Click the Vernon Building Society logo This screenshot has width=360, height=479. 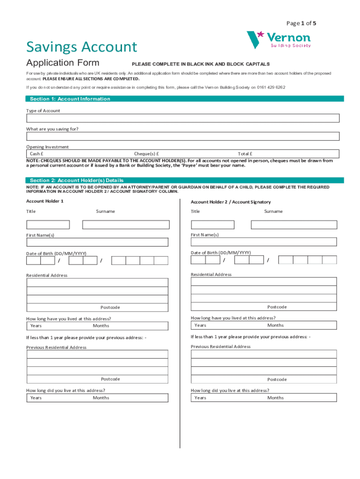pos(278,40)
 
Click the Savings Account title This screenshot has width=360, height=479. pos(82,47)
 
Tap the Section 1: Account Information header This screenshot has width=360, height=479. pos(70,99)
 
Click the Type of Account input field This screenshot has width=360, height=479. pos(183,118)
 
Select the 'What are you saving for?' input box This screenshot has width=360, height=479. pos(183,137)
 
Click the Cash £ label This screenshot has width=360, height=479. pos(37,153)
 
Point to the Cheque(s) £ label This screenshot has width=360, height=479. pos(146,153)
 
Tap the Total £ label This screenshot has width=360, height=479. pos(245,153)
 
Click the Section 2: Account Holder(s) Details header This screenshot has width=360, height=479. pos(77,180)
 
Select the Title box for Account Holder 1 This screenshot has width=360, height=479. pos(48,225)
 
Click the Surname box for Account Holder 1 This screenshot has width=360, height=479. pos(125,225)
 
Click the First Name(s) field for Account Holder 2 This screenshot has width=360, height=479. pos(264,242)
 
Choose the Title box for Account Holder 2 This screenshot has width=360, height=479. pos(213,225)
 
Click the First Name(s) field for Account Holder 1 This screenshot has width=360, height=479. pos(97,242)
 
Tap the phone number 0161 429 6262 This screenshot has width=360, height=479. pos(271,87)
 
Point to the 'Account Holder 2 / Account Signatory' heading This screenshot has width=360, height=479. pos(230,202)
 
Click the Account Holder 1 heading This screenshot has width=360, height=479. pos(45,201)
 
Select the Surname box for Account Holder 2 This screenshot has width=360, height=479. pos(294,225)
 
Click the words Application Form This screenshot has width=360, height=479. pos(63,63)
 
